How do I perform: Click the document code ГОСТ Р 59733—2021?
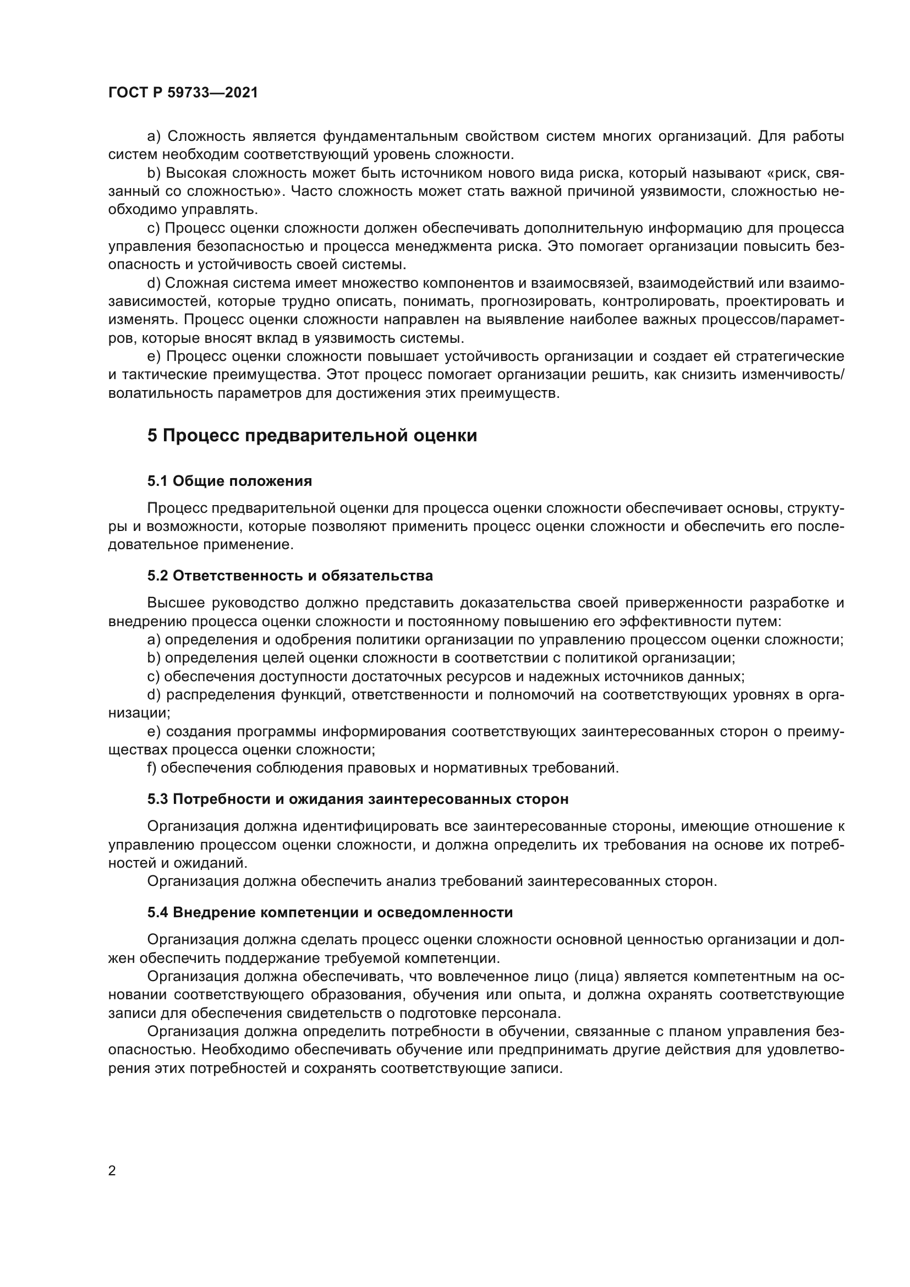pos(183,92)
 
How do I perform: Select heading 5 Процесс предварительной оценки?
pos(312,436)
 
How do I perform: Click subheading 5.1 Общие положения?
pos(230,481)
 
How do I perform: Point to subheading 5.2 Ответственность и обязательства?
pos(290,576)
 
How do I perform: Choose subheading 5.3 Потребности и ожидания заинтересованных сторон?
pos(358,799)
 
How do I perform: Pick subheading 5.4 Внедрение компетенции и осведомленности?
pos(330,912)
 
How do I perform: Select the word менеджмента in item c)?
pos(437,247)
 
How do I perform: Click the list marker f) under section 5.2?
pos(152,768)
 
